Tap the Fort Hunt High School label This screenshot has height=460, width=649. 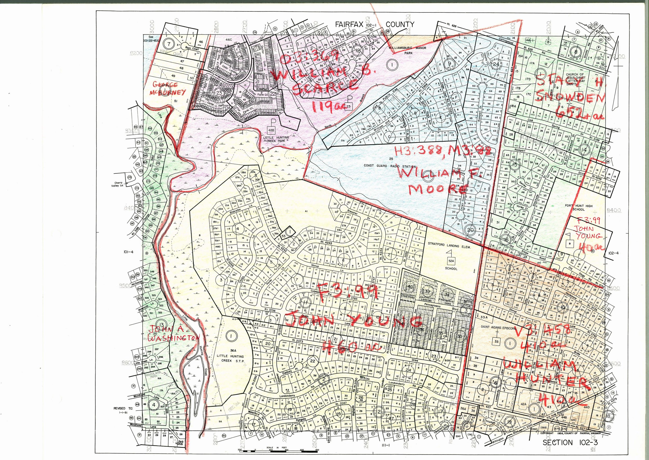(578, 208)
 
